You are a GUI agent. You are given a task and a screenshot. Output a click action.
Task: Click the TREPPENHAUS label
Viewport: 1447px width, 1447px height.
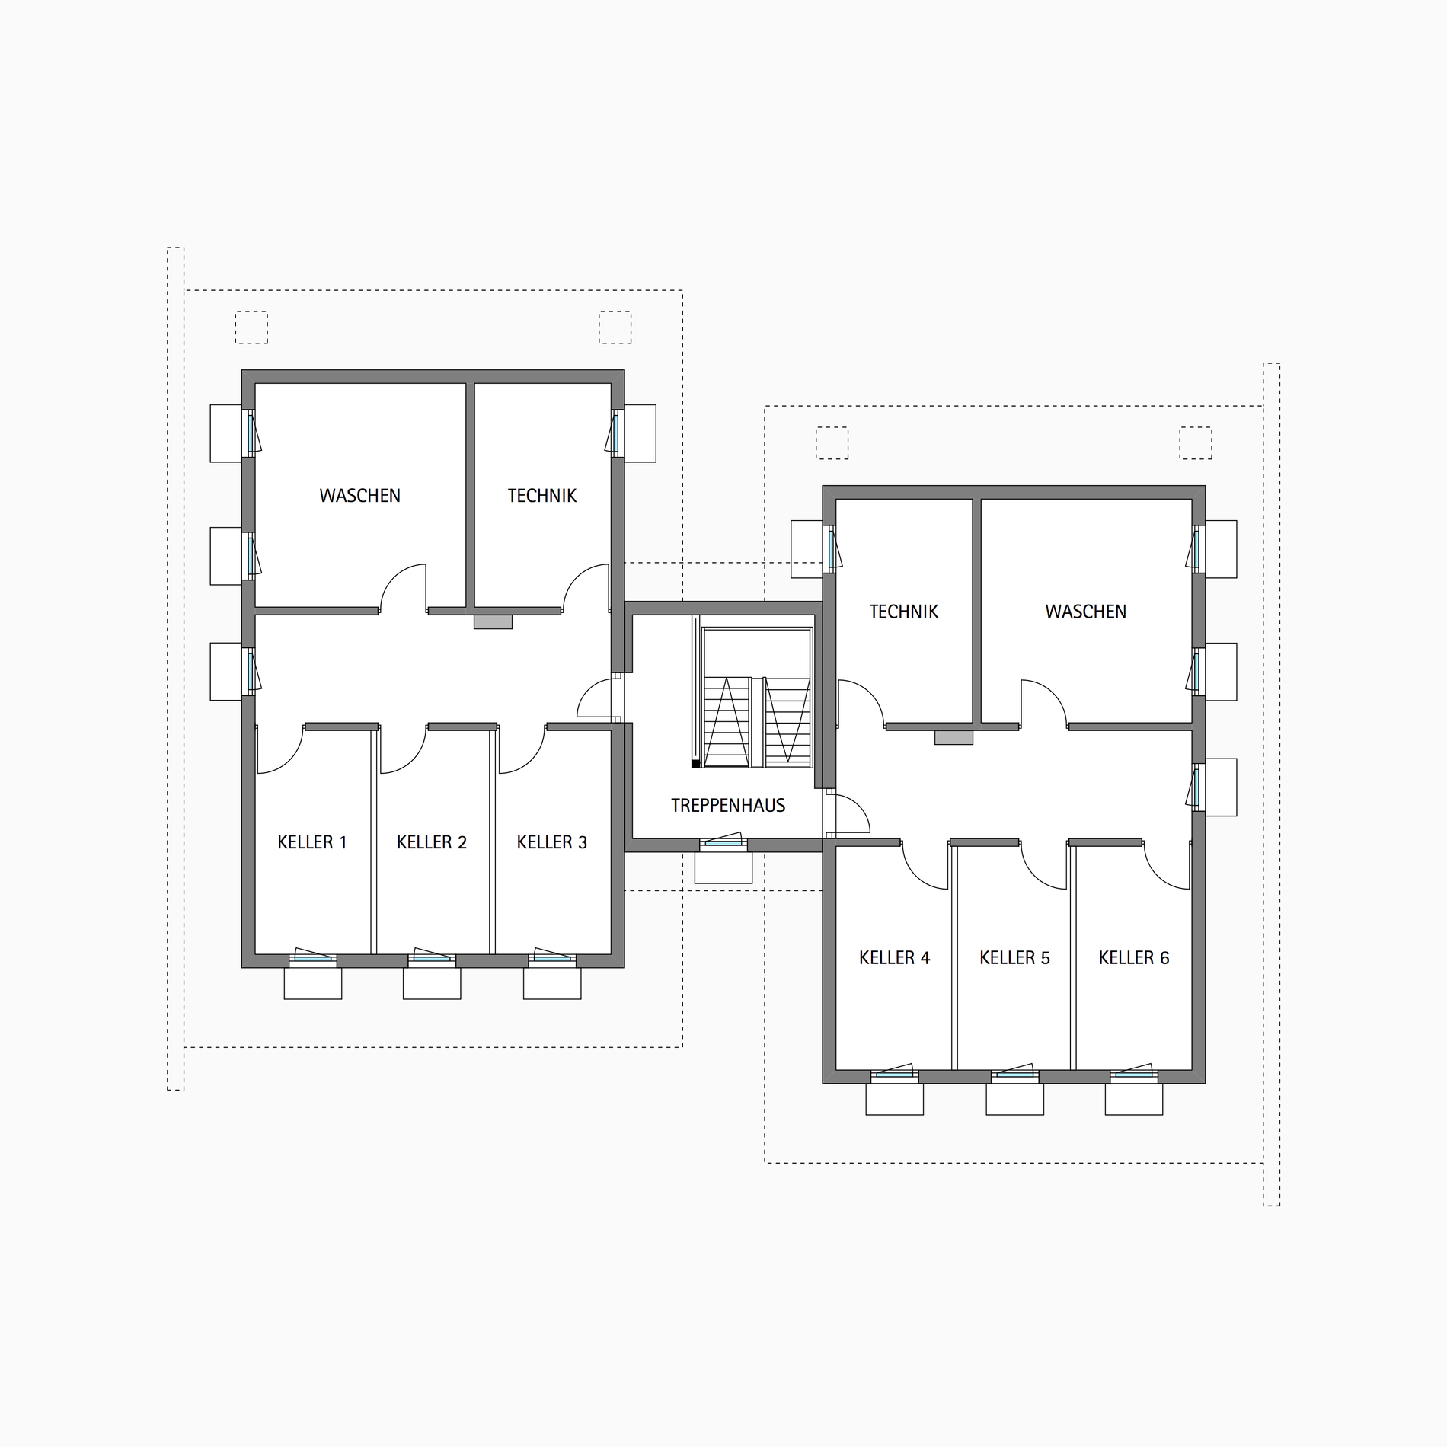[727, 806]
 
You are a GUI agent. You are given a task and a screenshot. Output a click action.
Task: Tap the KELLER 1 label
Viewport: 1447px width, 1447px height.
[312, 842]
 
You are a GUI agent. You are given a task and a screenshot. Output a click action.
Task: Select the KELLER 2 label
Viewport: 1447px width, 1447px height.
[432, 842]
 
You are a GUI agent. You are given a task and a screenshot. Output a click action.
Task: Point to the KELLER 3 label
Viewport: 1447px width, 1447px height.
[552, 842]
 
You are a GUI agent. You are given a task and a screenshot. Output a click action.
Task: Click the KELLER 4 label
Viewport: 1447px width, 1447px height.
[895, 958]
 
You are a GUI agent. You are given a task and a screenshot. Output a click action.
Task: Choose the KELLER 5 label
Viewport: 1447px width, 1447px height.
[1014, 958]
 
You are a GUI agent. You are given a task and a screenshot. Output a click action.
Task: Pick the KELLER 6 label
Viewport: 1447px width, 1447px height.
[1134, 958]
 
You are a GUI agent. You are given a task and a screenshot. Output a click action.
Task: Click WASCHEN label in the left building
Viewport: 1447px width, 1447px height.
[359, 496]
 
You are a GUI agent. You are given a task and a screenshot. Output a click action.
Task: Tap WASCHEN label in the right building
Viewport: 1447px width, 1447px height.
[1085, 612]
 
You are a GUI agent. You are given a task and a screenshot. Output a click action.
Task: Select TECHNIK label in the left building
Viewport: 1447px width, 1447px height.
[542, 496]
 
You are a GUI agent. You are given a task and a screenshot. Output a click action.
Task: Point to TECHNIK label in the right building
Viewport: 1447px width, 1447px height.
[904, 612]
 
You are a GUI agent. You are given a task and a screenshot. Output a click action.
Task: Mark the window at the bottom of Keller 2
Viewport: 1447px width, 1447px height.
[432, 957]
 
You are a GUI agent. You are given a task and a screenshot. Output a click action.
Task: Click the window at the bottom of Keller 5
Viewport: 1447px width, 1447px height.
[1014, 1072]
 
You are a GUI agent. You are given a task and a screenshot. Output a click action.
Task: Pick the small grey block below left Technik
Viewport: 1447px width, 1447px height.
[493, 622]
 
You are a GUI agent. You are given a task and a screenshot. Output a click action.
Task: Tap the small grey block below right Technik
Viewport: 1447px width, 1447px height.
[953, 738]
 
